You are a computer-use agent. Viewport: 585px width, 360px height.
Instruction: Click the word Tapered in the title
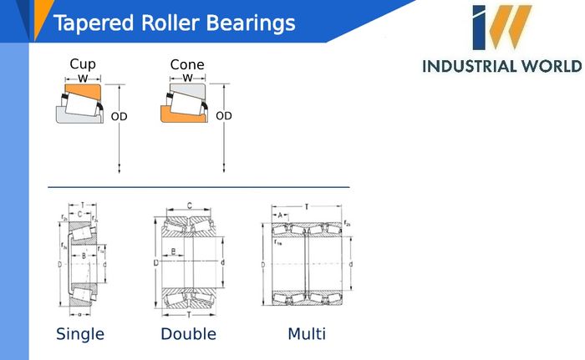click(89, 23)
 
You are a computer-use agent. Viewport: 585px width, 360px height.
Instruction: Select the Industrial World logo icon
click(501, 28)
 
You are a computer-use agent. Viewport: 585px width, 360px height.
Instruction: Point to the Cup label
click(83, 64)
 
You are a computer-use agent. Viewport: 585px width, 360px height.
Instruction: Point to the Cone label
click(187, 65)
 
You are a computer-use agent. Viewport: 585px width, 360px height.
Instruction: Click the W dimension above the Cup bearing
click(83, 79)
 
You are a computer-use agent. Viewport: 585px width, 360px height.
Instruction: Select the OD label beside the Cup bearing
click(119, 117)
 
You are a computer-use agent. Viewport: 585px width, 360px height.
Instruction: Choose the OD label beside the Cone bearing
click(223, 116)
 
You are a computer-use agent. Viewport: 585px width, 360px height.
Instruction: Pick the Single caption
click(80, 334)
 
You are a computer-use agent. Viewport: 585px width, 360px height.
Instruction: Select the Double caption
click(188, 334)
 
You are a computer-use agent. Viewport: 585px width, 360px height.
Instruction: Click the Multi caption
click(307, 334)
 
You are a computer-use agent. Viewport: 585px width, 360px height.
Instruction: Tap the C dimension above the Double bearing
click(190, 205)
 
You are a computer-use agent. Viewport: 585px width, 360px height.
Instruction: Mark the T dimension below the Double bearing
click(190, 315)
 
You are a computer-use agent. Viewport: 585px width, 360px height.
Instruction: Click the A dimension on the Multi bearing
click(278, 215)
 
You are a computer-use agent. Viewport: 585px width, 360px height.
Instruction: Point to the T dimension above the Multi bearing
click(306, 205)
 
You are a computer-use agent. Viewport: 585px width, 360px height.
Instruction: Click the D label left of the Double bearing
click(156, 263)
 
